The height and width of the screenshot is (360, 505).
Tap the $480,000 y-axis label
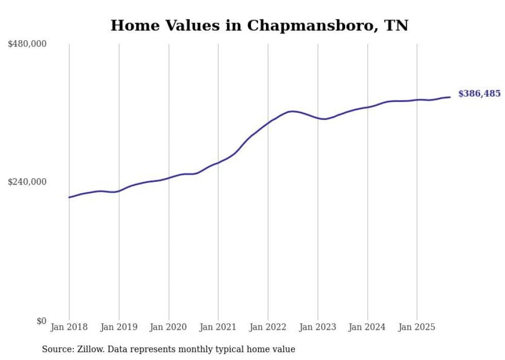pyautogui.click(x=27, y=44)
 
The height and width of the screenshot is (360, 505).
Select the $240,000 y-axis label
pyautogui.click(x=27, y=182)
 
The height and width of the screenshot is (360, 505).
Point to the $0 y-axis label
pyautogui.click(x=41, y=321)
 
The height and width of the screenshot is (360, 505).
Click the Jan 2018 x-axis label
pyautogui.click(x=69, y=327)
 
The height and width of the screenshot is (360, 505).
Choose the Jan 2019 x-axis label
pyautogui.click(x=119, y=327)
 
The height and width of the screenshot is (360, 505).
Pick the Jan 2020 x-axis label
pyautogui.click(x=169, y=327)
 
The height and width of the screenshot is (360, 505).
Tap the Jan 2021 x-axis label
pyautogui.click(x=218, y=327)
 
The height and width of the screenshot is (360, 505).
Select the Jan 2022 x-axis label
pyautogui.click(x=268, y=327)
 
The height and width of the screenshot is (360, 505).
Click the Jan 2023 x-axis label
pyautogui.click(x=317, y=327)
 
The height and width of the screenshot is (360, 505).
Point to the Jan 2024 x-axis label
pyautogui.click(x=367, y=327)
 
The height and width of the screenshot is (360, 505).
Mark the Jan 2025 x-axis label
pyautogui.click(x=417, y=327)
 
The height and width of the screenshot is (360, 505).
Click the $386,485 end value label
pyautogui.click(x=479, y=94)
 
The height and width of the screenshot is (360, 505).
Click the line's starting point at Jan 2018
pyautogui.click(x=69, y=197)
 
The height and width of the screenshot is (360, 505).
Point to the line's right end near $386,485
pyautogui.click(x=450, y=97)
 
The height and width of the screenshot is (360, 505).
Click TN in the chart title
pyautogui.click(x=397, y=25)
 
